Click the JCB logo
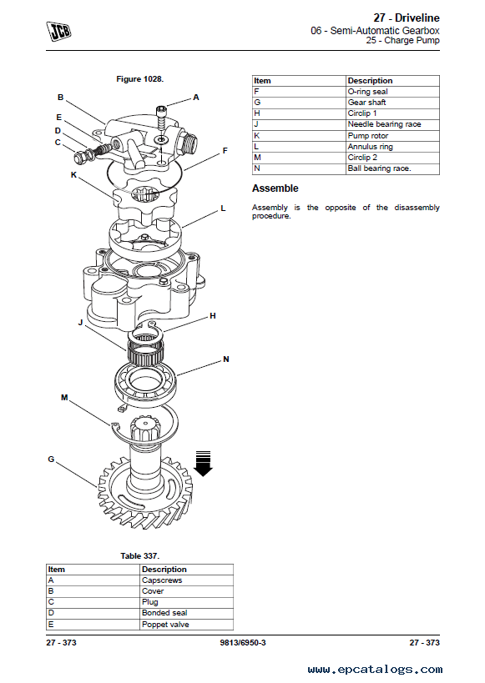(x=59, y=32)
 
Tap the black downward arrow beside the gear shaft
(x=203, y=464)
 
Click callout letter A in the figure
(x=196, y=97)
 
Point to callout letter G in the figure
(x=51, y=460)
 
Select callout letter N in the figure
(x=225, y=359)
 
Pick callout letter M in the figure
(x=64, y=397)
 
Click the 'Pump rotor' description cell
(x=393, y=135)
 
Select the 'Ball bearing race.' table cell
(x=393, y=168)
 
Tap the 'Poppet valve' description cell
(x=187, y=624)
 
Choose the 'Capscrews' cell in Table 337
(x=187, y=580)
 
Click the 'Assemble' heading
(x=275, y=188)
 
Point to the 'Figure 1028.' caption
(x=139, y=79)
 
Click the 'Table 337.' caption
(x=140, y=555)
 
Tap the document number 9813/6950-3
(x=243, y=642)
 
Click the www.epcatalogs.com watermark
(x=375, y=669)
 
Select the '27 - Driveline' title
(x=407, y=18)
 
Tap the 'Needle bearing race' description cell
(x=393, y=124)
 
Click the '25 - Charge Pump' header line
(x=402, y=41)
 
